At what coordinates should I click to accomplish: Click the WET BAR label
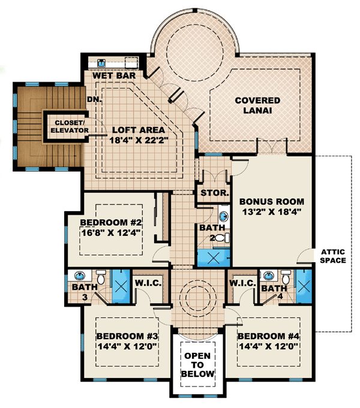pyautogui.click(x=114, y=76)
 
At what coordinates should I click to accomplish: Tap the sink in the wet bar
pyautogui.click(x=101, y=63)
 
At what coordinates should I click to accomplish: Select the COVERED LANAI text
pyautogui.click(x=257, y=106)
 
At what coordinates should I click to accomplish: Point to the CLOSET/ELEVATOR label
pyautogui.click(x=69, y=127)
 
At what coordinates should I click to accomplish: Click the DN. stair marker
pyautogui.click(x=94, y=100)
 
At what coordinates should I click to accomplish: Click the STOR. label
pyautogui.click(x=215, y=193)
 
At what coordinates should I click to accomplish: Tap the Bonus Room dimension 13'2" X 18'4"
pyautogui.click(x=272, y=212)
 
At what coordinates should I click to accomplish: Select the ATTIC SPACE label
pyautogui.click(x=333, y=256)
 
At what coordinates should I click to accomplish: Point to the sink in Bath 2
pyautogui.click(x=223, y=216)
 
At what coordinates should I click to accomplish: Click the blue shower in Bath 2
pyautogui.click(x=214, y=258)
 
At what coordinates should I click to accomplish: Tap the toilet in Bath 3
pyautogui.click(x=101, y=277)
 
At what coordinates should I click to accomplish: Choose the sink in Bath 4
pyautogui.click(x=268, y=275)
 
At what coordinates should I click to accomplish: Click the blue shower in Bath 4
pyautogui.click(x=304, y=286)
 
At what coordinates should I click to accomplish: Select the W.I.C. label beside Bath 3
pyautogui.click(x=148, y=283)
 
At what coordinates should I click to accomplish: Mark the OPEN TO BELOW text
pyautogui.click(x=197, y=365)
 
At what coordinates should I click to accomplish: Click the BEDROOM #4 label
pyautogui.click(x=268, y=336)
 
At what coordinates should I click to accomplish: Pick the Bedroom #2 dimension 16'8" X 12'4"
pyautogui.click(x=111, y=232)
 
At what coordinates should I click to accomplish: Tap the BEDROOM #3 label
pyautogui.click(x=127, y=336)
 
